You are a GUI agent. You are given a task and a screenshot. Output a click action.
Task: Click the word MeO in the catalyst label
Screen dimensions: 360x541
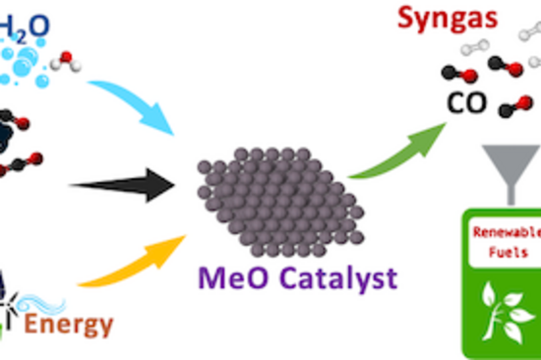(x=229, y=277)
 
